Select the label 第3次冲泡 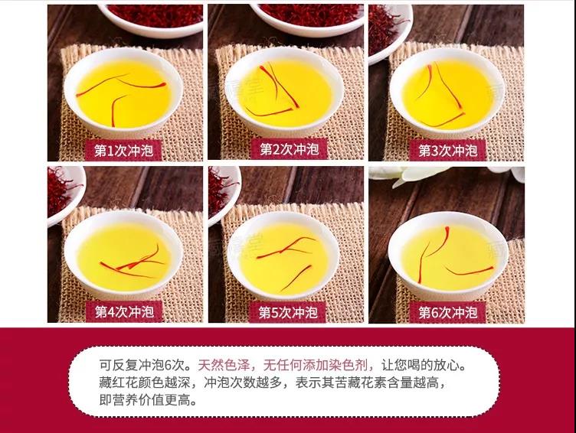click(447, 150)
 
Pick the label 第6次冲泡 click(447, 312)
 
